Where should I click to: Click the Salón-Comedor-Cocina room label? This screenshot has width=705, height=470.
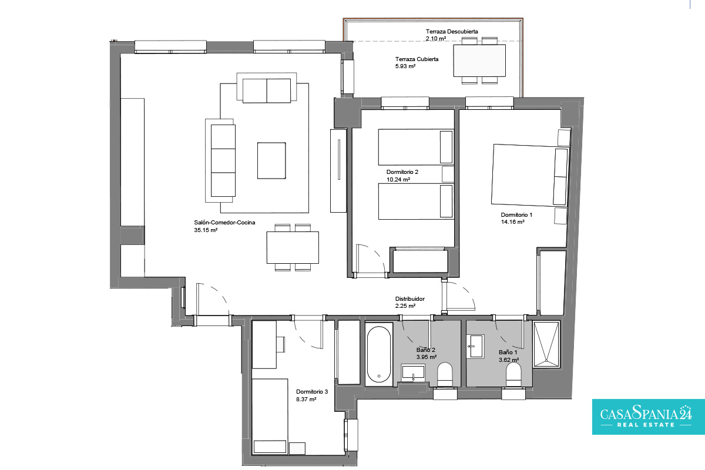224,223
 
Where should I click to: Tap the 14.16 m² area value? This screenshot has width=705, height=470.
513,222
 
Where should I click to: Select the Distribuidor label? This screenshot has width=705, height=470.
410,299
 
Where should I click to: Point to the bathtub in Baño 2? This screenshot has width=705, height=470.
379,354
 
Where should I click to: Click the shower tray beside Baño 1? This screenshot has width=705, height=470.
547,344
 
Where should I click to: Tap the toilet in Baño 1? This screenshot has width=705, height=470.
513,375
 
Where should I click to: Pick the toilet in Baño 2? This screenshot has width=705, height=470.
445,374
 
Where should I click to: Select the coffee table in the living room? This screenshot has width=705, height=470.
271,160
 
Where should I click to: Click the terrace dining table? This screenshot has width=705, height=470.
479,61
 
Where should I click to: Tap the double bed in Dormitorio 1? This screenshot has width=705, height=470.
530,175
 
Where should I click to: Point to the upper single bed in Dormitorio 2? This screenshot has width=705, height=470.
416,147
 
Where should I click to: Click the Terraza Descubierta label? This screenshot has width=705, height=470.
452,32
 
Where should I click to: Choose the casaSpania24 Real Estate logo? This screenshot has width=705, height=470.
649,417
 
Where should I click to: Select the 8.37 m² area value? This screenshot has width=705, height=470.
306,399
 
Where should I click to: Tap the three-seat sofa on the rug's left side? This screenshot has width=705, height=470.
220,160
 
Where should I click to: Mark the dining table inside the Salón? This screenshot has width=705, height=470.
293,247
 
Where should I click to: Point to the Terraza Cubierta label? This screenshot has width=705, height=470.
417,59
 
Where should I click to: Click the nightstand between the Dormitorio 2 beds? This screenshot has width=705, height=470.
448,174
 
